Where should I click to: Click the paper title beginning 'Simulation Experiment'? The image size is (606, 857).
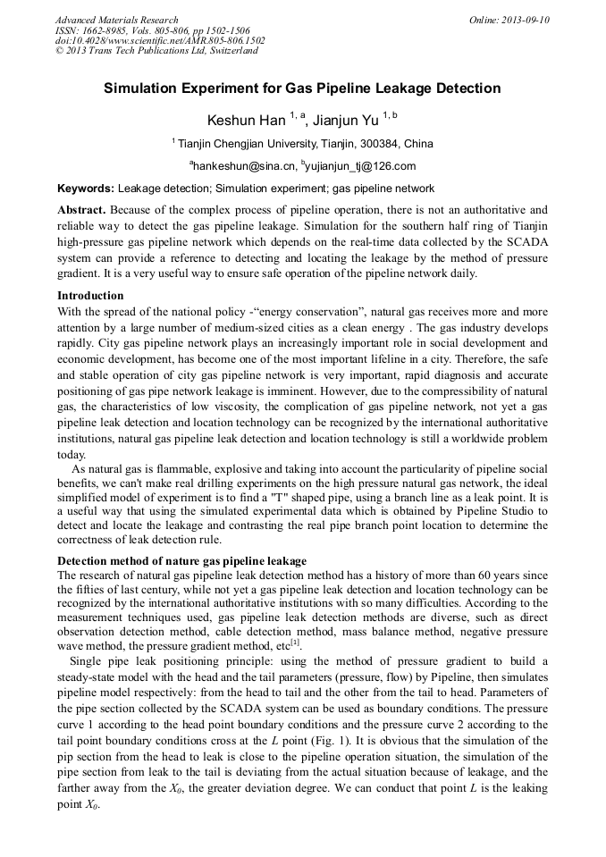point(302,88)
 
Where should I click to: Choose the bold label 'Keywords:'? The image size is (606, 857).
point(86,189)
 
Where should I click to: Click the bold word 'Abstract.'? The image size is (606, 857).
point(81,209)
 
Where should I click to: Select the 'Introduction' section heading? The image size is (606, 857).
point(90,295)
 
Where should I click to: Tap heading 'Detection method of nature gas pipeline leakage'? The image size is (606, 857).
point(181,561)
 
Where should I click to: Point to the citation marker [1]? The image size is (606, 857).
point(295,642)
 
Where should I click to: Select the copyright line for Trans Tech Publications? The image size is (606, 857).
point(156,51)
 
